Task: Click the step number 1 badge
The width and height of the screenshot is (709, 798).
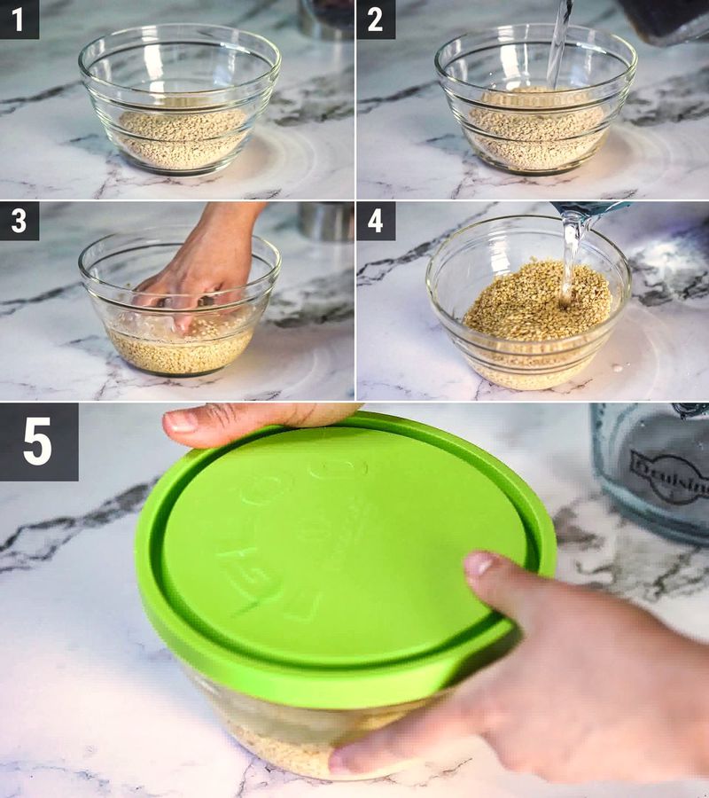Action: (x=19, y=19)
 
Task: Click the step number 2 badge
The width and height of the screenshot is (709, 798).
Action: (x=375, y=19)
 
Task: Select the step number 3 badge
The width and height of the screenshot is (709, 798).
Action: (x=19, y=221)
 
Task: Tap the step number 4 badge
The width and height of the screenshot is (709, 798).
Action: (x=375, y=221)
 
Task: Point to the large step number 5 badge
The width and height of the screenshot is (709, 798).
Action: (x=38, y=442)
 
